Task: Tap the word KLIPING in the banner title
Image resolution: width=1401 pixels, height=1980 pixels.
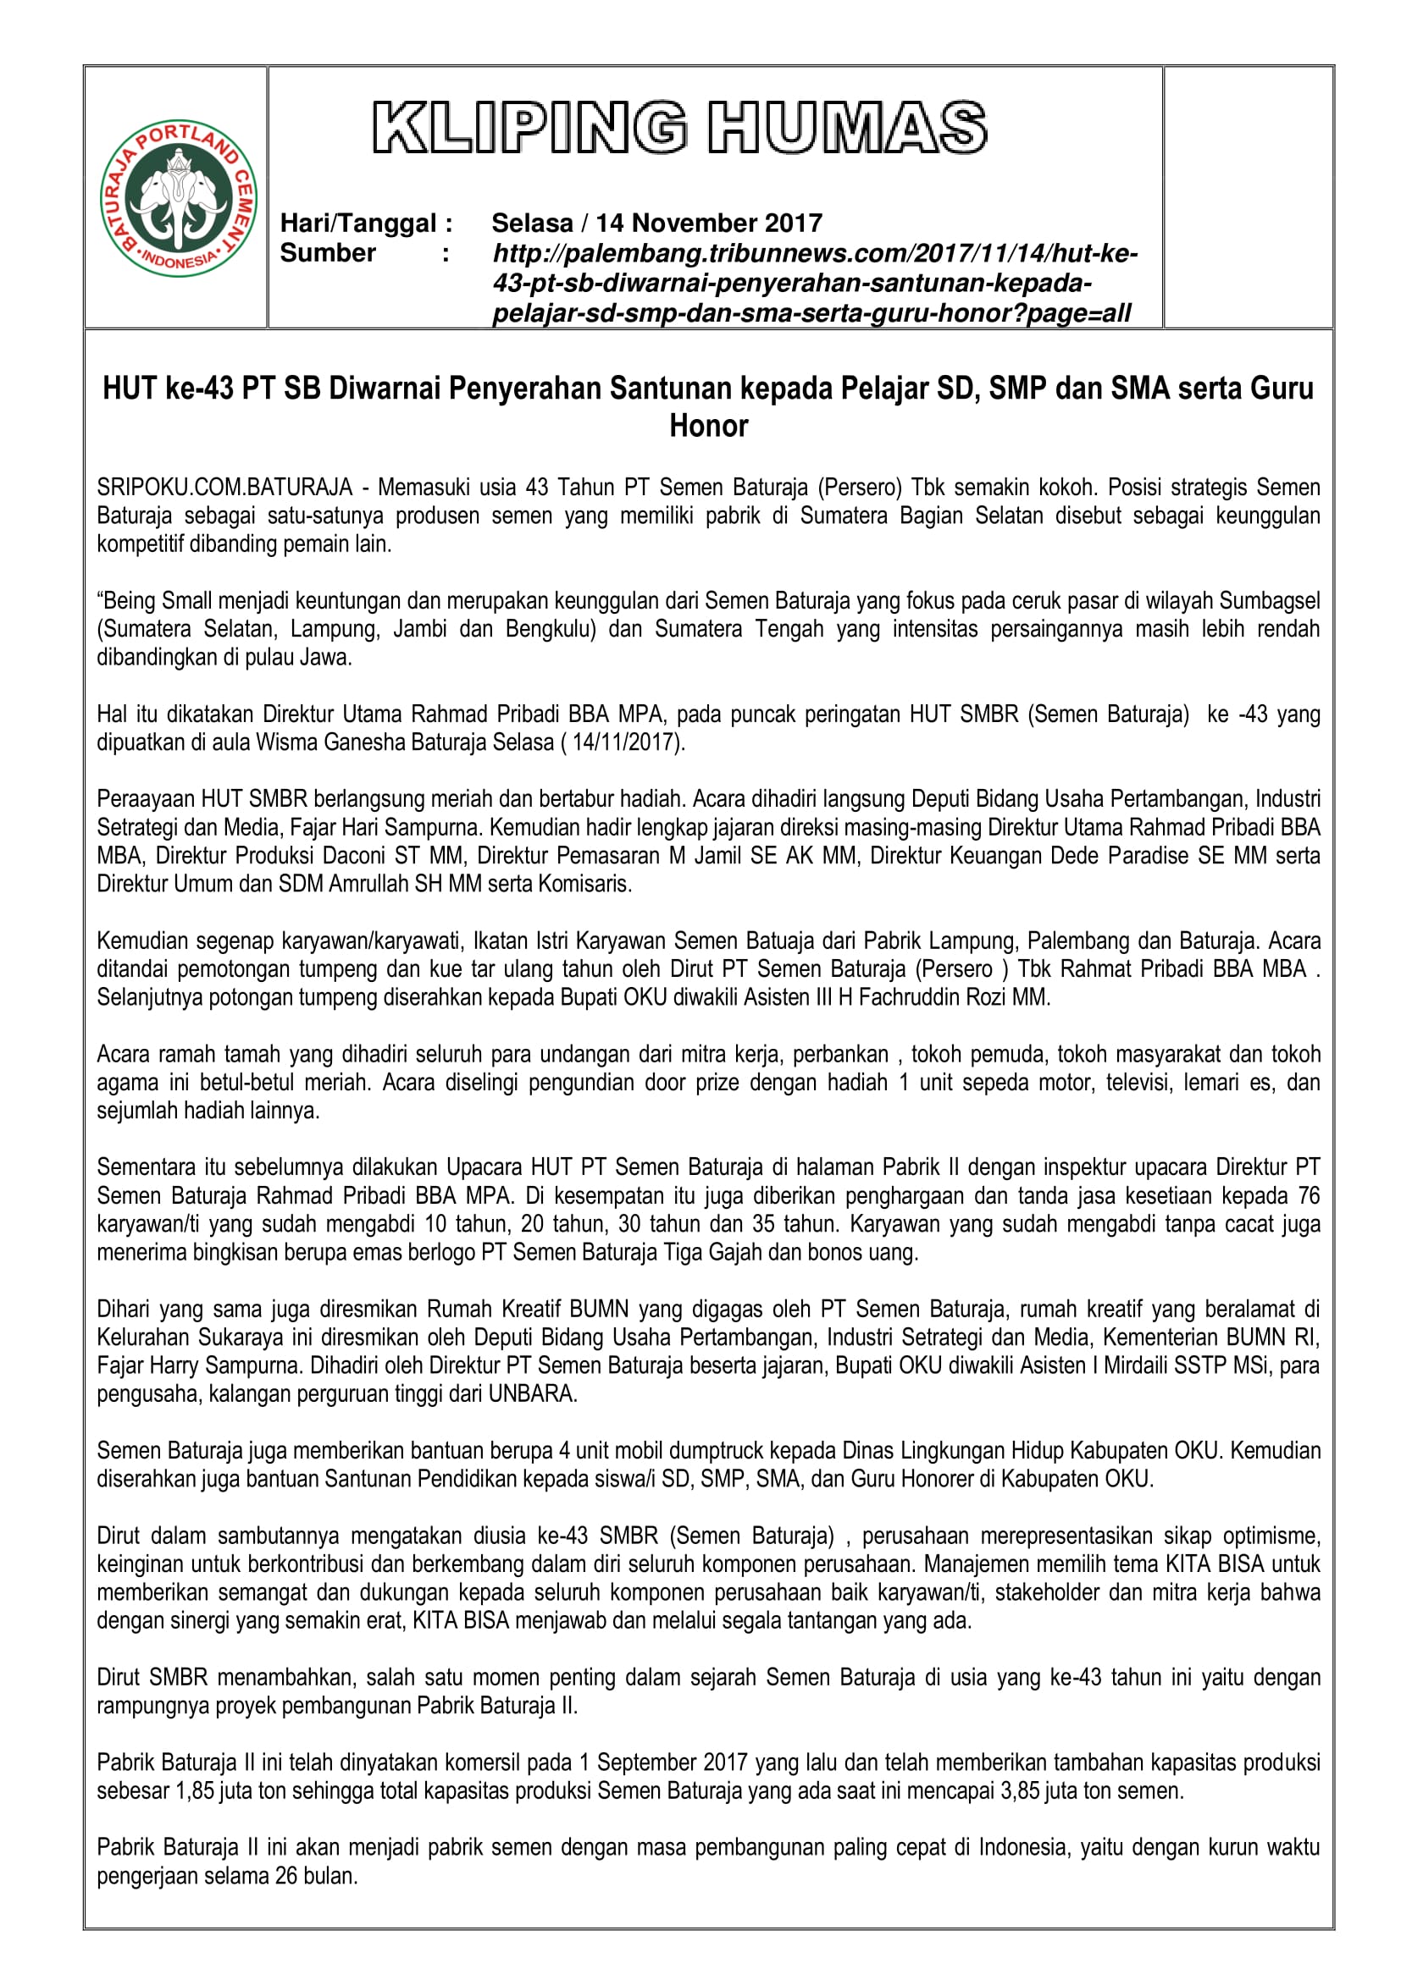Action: [529, 128]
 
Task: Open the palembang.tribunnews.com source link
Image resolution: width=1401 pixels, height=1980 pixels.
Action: [814, 283]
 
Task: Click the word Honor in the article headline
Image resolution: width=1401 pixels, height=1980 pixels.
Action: [708, 426]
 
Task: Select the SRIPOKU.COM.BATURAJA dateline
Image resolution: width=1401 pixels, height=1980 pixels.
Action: [224, 488]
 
